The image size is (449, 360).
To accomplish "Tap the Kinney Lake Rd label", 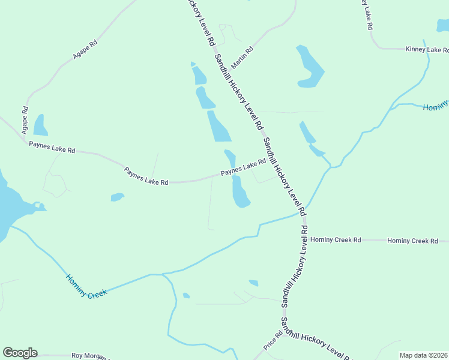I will pos(424,49).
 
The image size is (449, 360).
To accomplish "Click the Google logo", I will pos(20,353).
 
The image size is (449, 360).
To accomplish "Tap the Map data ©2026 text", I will pos(424,355).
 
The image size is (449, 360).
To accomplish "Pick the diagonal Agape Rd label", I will pos(85,49).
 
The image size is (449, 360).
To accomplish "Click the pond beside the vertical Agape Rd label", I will pos(40,125).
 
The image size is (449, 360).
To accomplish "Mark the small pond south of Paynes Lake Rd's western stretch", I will pos(117,197).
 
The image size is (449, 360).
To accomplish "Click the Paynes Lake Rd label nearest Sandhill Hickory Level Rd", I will pos(243,167).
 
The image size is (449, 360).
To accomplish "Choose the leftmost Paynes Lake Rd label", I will pos(52,147).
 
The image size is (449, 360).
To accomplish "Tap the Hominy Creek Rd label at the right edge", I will pos(412,241).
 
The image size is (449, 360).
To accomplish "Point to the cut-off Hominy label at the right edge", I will pos(435,106).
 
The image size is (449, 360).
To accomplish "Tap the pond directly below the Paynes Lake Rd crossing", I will pos(240,194).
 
